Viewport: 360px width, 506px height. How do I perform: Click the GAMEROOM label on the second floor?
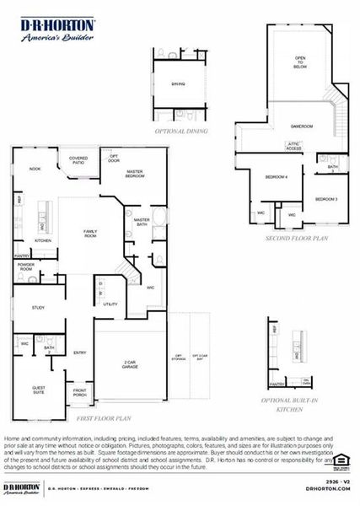(x=302, y=126)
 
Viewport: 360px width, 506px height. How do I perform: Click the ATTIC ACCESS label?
(x=294, y=146)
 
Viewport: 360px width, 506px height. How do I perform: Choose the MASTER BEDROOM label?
(x=137, y=174)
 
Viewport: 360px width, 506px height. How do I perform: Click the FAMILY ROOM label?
(x=89, y=233)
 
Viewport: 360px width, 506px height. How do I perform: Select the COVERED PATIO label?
(x=78, y=160)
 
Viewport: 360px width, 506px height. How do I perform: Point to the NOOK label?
(x=35, y=170)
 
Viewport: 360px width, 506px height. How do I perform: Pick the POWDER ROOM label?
(x=25, y=266)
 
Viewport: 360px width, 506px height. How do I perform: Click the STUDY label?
(x=39, y=309)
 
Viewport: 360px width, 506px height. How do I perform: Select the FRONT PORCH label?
(x=79, y=391)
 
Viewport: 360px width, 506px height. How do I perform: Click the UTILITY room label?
(x=110, y=304)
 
